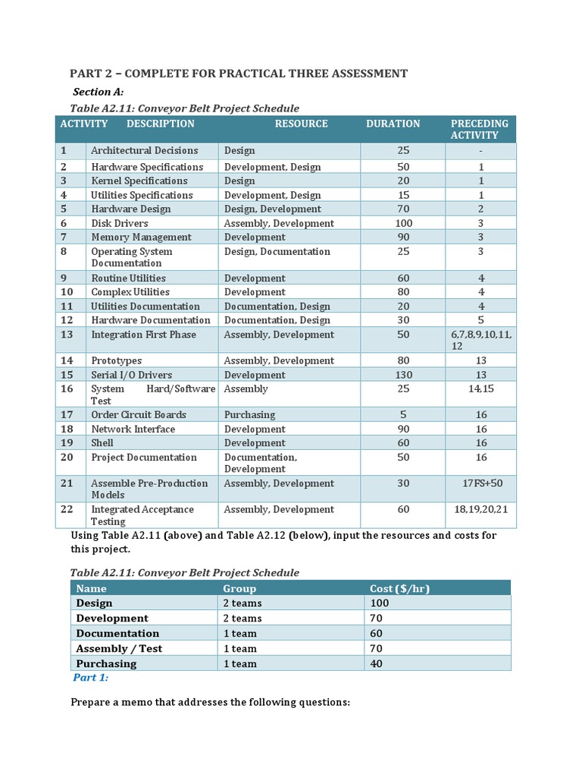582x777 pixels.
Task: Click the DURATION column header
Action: tap(393, 124)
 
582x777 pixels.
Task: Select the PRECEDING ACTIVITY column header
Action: tap(479, 129)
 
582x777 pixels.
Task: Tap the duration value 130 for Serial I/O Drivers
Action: tap(403, 375)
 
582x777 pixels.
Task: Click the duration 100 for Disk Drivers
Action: tap(403, 223)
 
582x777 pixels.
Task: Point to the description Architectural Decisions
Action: tap(144, 150)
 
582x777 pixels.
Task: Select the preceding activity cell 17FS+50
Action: tap(481, 483)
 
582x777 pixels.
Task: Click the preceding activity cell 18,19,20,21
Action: tap(481, 509)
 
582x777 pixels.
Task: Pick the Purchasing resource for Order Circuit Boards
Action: tap(249, 415)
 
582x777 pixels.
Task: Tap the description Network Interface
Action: tap(133, 429)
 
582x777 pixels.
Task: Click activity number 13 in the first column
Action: tap(67, 335)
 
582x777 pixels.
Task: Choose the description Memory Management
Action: tap(141, 237)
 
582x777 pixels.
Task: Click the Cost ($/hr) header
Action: tap(399, 588)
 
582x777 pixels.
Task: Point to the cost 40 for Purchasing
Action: tap(376, 664)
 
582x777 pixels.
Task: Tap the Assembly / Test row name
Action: tap(119, 649)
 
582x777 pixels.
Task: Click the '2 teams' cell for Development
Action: tap(242, 618)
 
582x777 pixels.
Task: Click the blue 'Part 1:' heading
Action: tap(90, 678)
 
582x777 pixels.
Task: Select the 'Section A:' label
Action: tap(98, 92)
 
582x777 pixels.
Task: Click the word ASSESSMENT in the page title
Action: tap(359, 74)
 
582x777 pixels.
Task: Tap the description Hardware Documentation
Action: tap(150, 320)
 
